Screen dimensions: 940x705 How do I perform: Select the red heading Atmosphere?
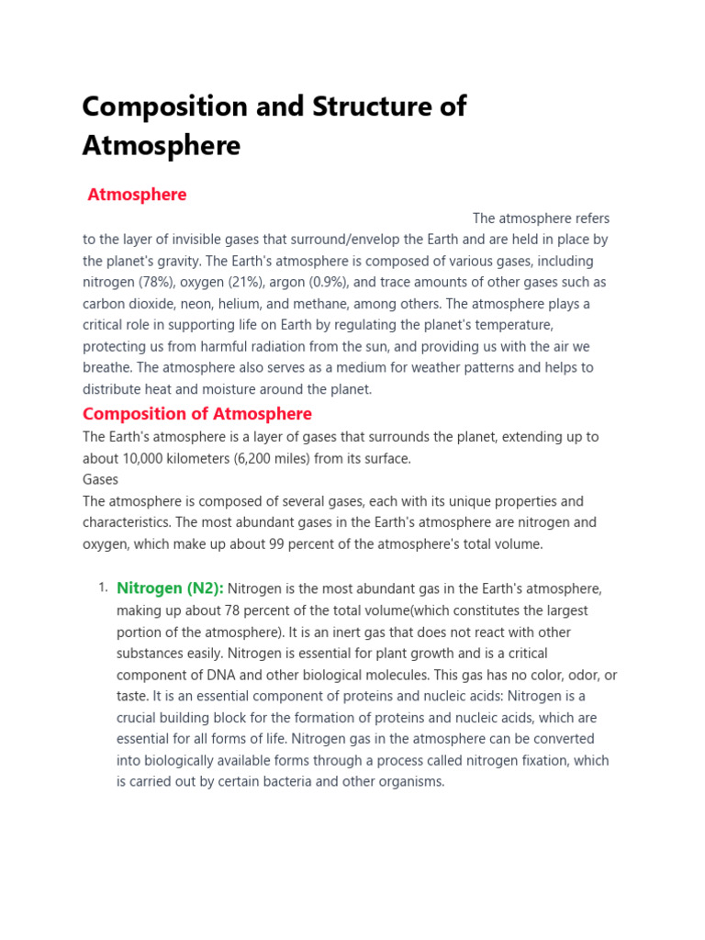click(x=137, y=195)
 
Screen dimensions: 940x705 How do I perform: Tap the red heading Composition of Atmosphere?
click(x=197, y=414)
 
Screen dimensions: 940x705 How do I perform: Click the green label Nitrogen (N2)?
click(x=170, y=588)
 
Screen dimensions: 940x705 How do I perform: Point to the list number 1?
click(x=103, y=588)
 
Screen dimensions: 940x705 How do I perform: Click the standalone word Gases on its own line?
click(x=101, y=479)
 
